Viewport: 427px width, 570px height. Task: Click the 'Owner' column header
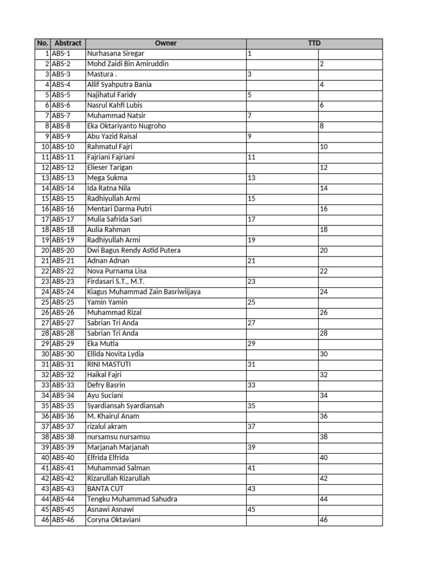[166, 43]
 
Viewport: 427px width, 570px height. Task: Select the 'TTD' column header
[314, 43]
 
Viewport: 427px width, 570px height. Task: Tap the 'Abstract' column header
[68, 43]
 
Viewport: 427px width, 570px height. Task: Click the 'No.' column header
[42, 43]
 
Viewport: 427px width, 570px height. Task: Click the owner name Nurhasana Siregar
[116, 54]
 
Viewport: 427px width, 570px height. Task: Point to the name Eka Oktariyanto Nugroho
[126, 126]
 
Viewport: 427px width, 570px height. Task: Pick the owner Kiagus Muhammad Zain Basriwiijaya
[143, 292]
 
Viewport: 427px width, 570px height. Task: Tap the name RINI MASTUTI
[109, 364]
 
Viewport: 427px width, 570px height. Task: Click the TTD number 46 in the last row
[324, 520]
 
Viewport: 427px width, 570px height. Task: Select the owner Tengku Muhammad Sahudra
[132, 499]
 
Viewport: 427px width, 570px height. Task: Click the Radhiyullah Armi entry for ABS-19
[113, 240]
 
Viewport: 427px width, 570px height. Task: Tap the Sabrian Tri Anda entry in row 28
[113, 333]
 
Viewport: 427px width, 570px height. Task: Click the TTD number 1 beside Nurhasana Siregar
[250, 54]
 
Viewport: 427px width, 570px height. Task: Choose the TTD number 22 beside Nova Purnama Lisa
[324, 271]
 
